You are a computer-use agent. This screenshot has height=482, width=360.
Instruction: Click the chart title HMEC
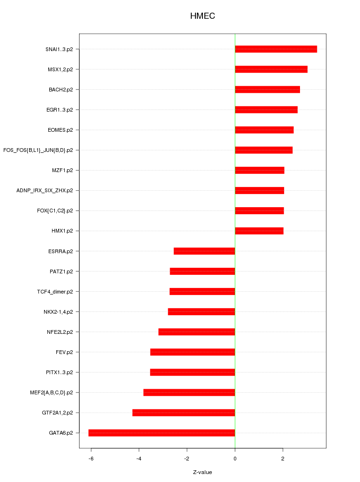click(x=202, y=16)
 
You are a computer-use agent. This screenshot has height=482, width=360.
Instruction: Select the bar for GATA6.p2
click(x=162, y=433)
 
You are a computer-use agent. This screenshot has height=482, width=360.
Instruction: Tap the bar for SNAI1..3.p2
click(x=276, y=49)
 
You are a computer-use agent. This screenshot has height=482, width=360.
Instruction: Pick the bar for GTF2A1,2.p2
click(x=184, y=413)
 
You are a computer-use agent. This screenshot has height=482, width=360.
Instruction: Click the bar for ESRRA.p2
click(x=204, y=251)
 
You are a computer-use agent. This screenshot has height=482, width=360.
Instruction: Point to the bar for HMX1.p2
click(x=259, y=231)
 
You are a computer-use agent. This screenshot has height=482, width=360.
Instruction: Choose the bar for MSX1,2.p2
click(x=271, y=69)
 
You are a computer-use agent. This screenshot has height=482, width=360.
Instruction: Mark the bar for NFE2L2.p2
click(x=196, y=332)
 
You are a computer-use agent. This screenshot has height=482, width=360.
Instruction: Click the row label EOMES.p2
click(x=60, y=130)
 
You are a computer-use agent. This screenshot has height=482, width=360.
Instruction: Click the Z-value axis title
click(x=202, y=472)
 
